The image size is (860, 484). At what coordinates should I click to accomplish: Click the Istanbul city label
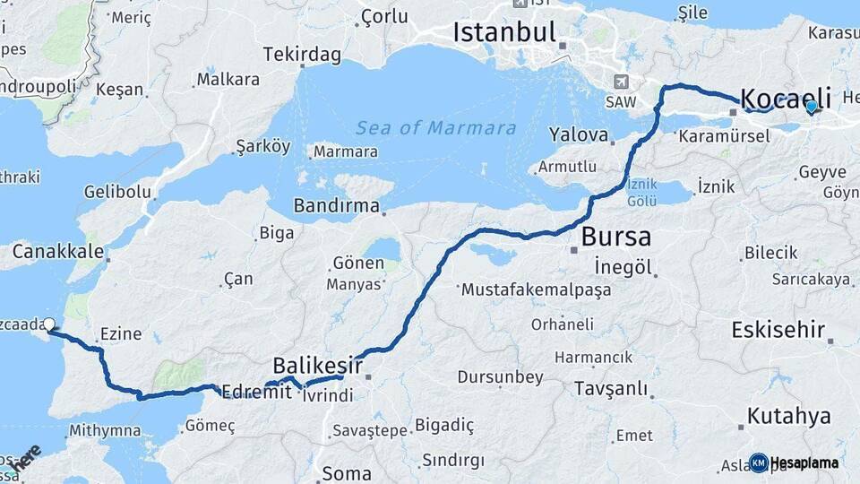point(505,33)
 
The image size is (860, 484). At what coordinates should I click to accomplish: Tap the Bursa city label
point(616,238)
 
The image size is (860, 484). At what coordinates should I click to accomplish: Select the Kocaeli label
point(787,97)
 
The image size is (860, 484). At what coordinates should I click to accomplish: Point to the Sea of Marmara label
point(436,128)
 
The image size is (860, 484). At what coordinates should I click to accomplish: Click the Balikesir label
point(317,366)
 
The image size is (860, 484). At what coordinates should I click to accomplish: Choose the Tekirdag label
point(302,56)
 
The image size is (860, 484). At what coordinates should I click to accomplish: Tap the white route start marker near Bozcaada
point(49,325)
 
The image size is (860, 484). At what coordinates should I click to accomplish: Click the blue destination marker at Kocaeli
point(812,108)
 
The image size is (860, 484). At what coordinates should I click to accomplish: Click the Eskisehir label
point(778,330)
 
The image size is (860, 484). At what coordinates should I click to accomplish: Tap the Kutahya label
point(788,416)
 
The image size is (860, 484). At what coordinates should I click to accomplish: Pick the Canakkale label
point(58,252)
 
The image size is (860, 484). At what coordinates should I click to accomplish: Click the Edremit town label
point(256,392)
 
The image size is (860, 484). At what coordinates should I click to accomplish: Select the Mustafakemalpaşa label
point(536,290)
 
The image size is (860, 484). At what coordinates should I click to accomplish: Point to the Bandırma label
point(337,206)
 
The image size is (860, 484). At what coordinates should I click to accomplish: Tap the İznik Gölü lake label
point(642,192)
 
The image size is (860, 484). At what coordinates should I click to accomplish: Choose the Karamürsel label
point(724,137)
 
